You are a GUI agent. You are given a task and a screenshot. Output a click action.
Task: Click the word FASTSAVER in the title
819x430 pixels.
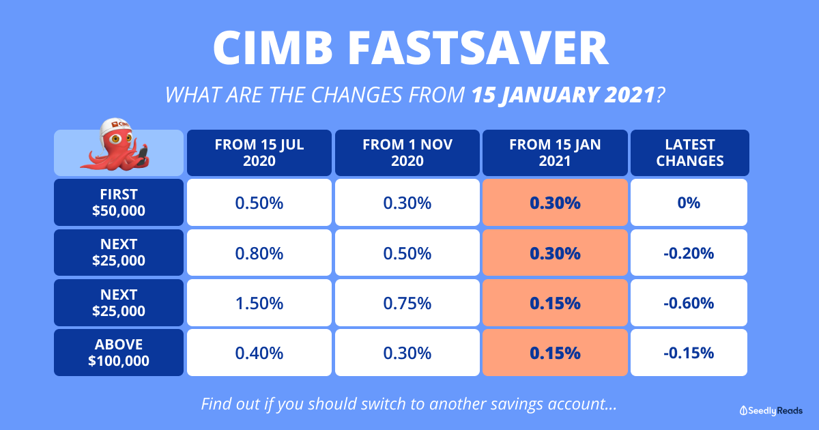tap(478, 48)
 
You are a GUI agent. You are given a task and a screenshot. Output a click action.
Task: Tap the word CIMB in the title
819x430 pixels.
tap(273, 48)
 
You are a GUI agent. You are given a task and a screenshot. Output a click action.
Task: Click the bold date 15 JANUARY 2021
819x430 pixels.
tap(563, 95)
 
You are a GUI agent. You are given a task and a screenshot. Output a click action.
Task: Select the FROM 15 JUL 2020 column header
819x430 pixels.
tap(259, 153)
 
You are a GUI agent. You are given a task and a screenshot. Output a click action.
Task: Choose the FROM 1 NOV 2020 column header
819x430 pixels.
tap(407, 153)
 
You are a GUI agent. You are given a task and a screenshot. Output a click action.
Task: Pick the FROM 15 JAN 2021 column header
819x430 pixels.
tap(555, 153)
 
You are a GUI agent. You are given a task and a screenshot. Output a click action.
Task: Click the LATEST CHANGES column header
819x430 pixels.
tap(689, 153)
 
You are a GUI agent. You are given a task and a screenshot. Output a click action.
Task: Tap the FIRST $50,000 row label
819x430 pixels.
tap(119, 202)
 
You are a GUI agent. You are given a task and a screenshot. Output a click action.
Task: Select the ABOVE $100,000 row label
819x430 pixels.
tap(119, 352)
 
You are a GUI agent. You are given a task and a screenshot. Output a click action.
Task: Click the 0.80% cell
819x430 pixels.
tap(259, 253)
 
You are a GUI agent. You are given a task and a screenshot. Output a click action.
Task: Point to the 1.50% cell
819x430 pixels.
tap(259, 303)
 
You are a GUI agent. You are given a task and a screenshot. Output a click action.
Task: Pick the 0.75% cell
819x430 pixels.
tap(407, 303)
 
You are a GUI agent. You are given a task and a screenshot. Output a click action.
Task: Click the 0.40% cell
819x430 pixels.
tap(259, 352)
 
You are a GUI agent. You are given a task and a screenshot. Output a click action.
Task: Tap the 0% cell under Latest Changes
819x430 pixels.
tap(689, 202)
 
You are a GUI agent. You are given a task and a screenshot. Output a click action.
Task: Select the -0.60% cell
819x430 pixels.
tap(689, 303)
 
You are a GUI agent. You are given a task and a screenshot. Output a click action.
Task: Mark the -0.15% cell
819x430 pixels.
tap(689, 352)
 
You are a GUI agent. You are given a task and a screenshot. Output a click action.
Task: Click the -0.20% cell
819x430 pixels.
tap(689, 253)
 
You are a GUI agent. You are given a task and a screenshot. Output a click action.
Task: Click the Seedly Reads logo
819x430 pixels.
tap(771, 411)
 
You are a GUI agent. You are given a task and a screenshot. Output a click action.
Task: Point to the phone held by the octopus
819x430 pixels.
tap(142, 154)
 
